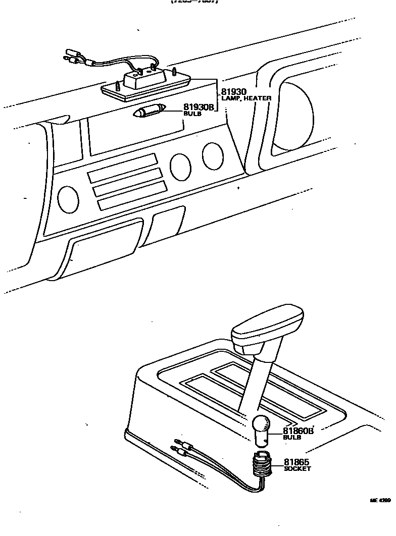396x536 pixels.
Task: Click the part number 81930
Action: coord(233,92)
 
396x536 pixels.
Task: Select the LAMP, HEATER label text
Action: coord(246,98)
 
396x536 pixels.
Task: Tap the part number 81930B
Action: coord(199,108)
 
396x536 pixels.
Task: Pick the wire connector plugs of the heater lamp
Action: coord(73,56)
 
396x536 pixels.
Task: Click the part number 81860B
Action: coord(298,431)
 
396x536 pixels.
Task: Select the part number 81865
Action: coord(296,462)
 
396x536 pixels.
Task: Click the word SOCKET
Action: coord(297,469)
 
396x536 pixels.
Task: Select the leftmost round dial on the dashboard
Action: coord(68,199)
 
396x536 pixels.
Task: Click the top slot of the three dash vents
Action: coord(122,169)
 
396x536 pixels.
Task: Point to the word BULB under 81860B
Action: coord(291,438)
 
